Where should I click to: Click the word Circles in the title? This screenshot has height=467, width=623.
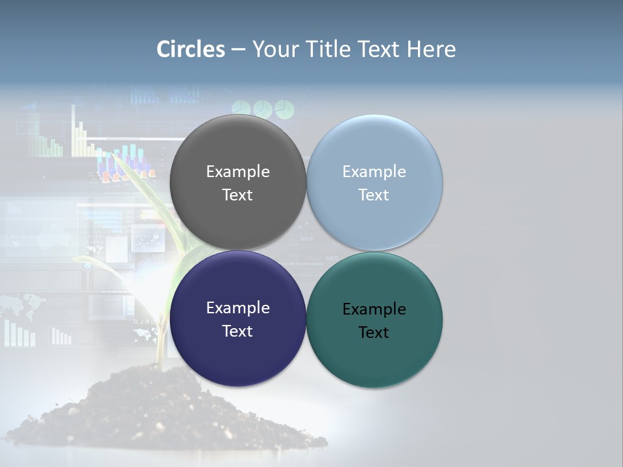tap(190, 49)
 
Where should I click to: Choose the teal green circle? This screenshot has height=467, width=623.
tap(374, 357)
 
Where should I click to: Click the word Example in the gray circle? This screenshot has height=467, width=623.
tap(238, 172)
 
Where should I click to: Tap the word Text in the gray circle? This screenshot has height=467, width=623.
tap(238, 195)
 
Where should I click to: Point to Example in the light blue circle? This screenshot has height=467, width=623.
tap(374, 172)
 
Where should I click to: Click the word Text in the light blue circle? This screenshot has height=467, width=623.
tap(374, 195)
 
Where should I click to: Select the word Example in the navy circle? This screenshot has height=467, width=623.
tap(238, 308)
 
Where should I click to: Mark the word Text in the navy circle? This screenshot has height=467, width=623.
tap(238, 331)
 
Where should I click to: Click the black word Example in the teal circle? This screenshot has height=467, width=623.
tap(374, 309)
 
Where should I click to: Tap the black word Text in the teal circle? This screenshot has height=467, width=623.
tap(374, 333)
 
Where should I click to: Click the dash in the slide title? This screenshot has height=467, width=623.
tap(238, 50)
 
